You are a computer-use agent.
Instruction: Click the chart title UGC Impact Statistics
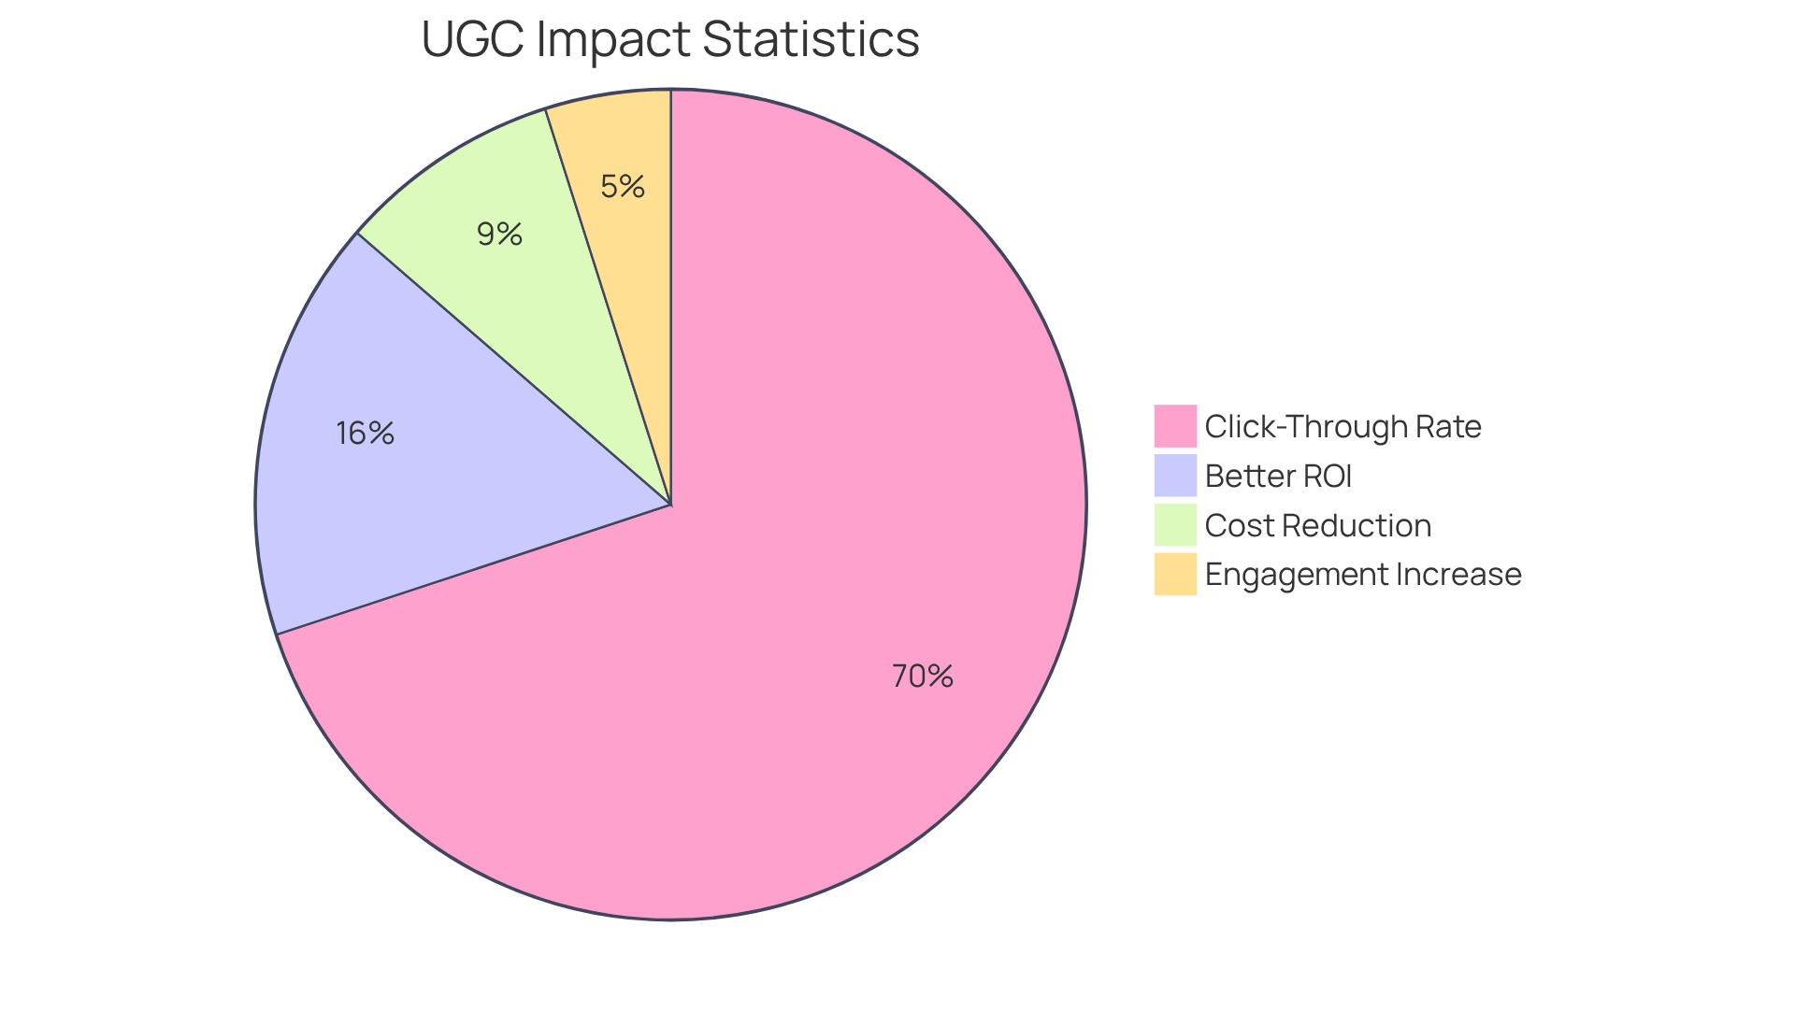[x=670, y=39]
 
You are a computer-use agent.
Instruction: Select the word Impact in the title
[x=613, y=39]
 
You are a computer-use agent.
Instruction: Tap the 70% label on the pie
[x=922, y=676]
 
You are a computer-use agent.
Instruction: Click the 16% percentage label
[x=366, y=433]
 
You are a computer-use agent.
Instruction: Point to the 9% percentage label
[x=499, y=234]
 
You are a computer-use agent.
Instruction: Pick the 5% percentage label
[x=623, y=187]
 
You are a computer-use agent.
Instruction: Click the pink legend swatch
[x=1175, y=426]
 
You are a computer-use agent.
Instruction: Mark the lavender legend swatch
[x=1175, y=476]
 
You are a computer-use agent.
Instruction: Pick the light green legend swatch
[x=1175, y=525]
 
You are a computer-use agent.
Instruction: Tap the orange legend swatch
[x=1175, y=574]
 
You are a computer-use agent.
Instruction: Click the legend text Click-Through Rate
[x=1343, y=426]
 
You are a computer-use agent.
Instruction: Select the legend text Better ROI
[x=1278, y=476]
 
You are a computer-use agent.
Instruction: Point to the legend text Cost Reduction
[x=1317, y=525]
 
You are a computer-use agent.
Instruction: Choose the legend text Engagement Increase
[x=1362, y=574]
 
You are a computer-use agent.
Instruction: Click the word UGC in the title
[x=473, y=39]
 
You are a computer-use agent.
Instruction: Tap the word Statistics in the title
[x=811, y=39]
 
